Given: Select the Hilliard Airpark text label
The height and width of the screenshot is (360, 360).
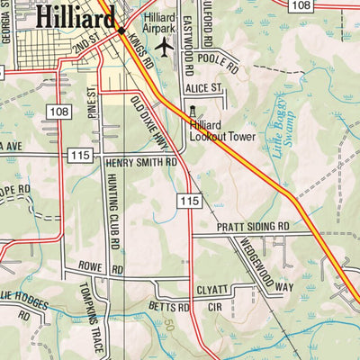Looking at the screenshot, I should point(161,22).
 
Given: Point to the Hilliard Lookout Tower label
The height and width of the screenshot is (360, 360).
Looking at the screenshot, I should point(222,131).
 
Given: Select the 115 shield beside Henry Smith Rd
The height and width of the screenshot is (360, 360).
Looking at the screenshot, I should point(80,156).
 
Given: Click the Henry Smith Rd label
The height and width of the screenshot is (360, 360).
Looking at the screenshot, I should point(140,163).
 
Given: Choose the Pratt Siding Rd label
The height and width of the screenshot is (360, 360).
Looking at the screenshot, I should point(253,226).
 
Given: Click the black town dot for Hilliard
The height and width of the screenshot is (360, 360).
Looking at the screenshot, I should point(121,31).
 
